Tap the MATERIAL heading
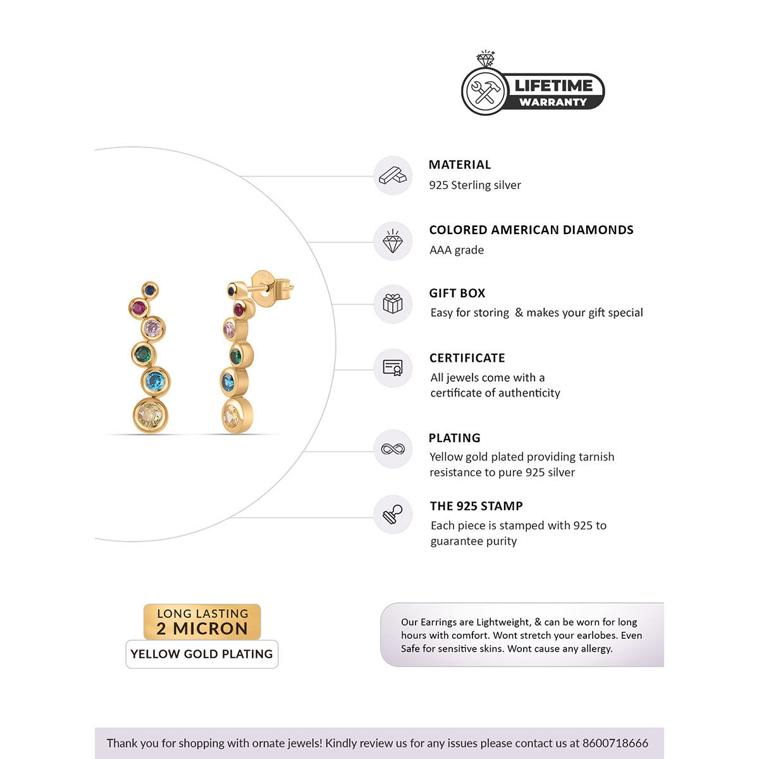tap(460, 164)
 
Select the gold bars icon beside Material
tap(393, 175)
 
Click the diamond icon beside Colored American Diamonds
tap(393, 241)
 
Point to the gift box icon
tap(393, 304)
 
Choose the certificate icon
tap(393, 367)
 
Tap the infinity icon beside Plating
tap(393, 449)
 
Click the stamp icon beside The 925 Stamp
tap(393, 514)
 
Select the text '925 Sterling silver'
tap(475, 185)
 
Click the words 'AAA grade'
tap(457, 250)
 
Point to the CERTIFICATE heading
tap(467, 358)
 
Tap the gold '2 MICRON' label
tap(202, 628)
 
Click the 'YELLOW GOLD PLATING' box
tap(202, 654)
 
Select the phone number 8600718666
tap(615, 743)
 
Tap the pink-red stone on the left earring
tap(138, 308)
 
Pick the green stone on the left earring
tap(144, 353)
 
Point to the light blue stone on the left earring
tap(155, 381)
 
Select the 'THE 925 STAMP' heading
tap(476, 506)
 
